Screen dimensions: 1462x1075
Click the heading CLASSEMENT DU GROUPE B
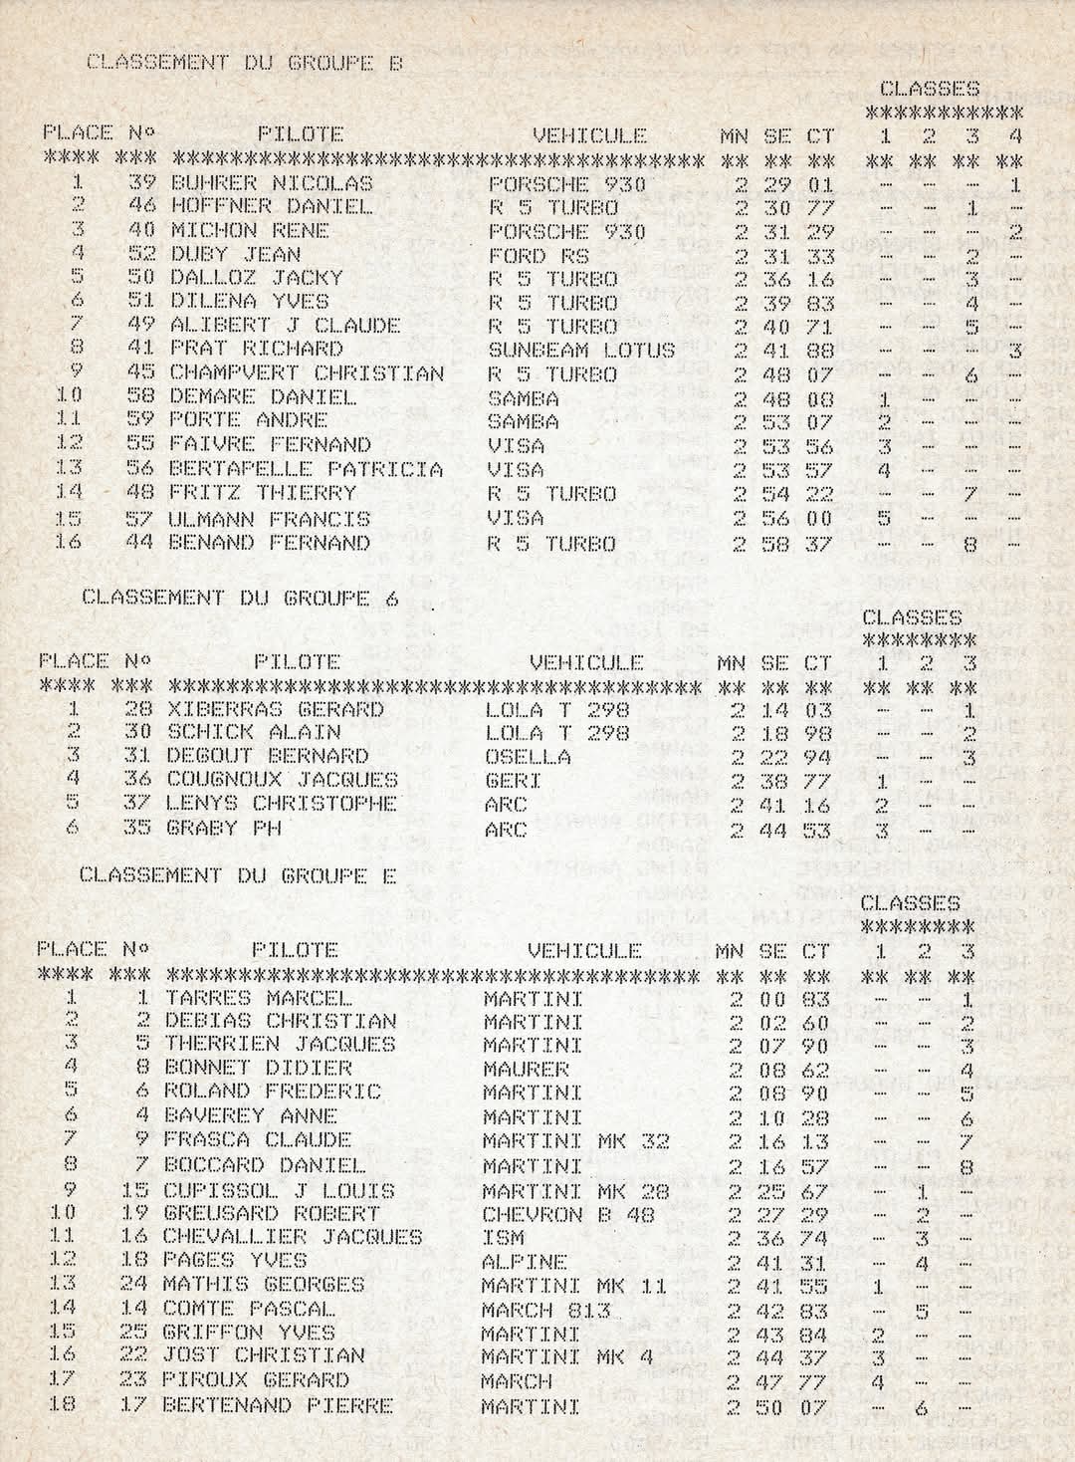point(245,63)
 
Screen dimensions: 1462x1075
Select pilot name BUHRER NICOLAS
point(271,183)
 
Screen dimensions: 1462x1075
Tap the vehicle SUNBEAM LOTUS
point(580,350)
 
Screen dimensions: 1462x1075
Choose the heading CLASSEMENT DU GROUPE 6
point(239,598)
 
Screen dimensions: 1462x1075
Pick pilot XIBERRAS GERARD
point(275,709)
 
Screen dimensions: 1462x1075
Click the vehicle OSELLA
point(528,757)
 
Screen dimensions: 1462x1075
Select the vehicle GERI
point(513,781)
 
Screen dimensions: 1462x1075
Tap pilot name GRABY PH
point(224,828)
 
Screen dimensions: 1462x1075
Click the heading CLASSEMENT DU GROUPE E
point(237,875)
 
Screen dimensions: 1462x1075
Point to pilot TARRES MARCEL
point(259,997)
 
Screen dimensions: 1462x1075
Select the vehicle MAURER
point(526,1070)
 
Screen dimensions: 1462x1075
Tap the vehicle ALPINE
point(525,1261)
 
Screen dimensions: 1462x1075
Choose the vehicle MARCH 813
point(544,1309)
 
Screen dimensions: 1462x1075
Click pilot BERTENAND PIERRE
point(277,1405)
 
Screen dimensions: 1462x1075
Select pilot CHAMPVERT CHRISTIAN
point(307,374)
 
